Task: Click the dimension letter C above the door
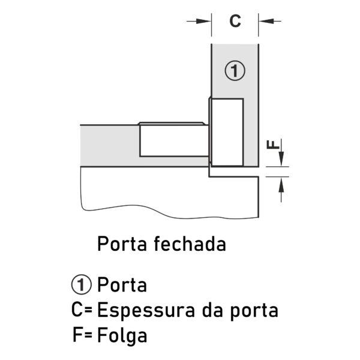pyautogui.click(x=235, y=21)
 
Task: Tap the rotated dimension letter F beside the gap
pyautogui.click(x=273, y=145)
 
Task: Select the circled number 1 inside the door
pyautogui.click(x=235, y=71)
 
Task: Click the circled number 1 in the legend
pyautogui.click(x=82, y=285)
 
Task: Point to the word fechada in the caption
pyautogui.click(x=190, y=244)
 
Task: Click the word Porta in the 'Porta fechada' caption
pyautogui.click(x=122, y=244)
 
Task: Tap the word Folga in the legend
pyautogui.click(x=122, y=336)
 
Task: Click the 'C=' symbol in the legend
pyautogui.click(x=82, y=310)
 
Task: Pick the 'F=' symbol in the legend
pyautogui.click(x=82, y=335)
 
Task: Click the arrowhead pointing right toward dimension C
pyautogui.click(x=203, y=21)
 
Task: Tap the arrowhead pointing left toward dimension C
pyautogui.click(x=266, y=21)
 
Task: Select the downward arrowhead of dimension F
pyautogui.click(x=281, y=159)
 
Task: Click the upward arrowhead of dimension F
pyautogui.click(x=281, y=185)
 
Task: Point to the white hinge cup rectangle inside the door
pyautogui.click(x=227, y=132)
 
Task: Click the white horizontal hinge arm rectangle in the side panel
pyautogui.click(x=174, y=141)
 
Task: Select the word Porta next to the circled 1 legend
pyautogui.click(x=122, y=285)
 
